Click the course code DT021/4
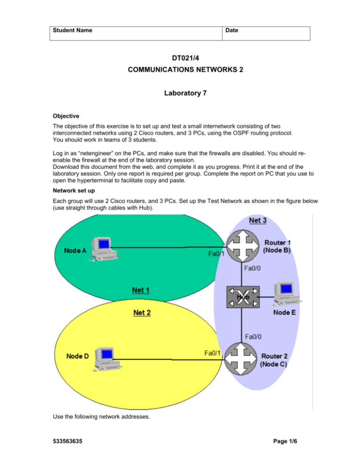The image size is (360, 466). pos(180,60)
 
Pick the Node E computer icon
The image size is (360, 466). pos(285,293)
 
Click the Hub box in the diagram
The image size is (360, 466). pos(242,296)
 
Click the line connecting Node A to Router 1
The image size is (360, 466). pos(169,248)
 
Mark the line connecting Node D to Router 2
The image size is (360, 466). pos(169,360)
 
